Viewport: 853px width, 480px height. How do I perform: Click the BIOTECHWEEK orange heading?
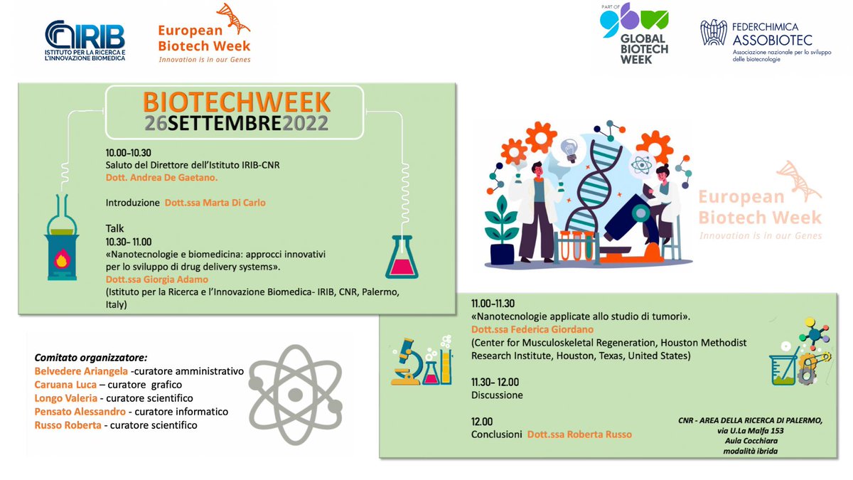[235, 102]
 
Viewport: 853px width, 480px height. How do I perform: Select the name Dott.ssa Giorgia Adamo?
[156, 279]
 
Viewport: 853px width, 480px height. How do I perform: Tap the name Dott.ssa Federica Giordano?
[532, 329]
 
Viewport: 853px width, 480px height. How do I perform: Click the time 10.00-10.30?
[128, 153]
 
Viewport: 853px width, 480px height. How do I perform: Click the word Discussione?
[497, 395]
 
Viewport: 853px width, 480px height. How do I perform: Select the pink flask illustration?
[402, 256]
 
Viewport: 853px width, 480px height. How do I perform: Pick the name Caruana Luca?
[60, 385]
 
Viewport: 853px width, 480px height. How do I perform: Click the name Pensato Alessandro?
[75, 412]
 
